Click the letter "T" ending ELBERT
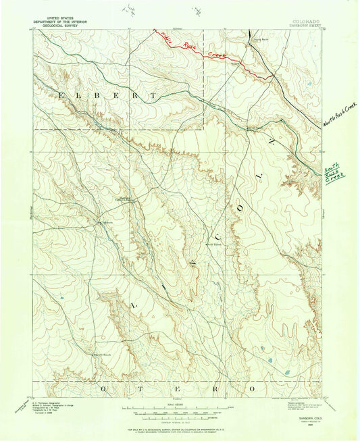[x=155, y=96]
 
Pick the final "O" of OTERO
[x=253, y=390]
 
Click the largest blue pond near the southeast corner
[x=269, y=361]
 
